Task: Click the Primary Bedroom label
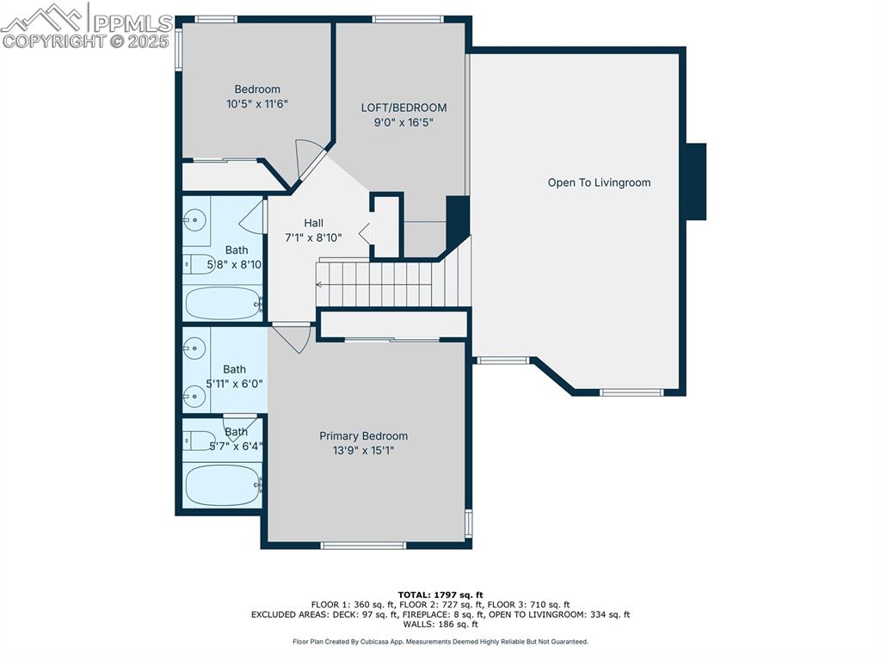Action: (x=363, y=436)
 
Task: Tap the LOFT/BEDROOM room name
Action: (x=404, y=108)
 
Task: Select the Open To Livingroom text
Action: (x=599, y=182)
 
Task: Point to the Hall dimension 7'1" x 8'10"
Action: (x=313, y=237)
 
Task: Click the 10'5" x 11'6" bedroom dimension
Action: (x=256, y=104)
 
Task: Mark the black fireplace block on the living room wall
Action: (x=694, y=182)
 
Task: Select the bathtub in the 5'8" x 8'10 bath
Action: (x=222, y=303)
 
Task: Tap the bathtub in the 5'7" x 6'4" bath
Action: (x=222, y=484)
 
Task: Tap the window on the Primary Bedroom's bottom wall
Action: (x=362, y=545)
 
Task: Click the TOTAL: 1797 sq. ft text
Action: (x=440, y=595)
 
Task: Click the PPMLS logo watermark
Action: (x=86, y=26)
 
